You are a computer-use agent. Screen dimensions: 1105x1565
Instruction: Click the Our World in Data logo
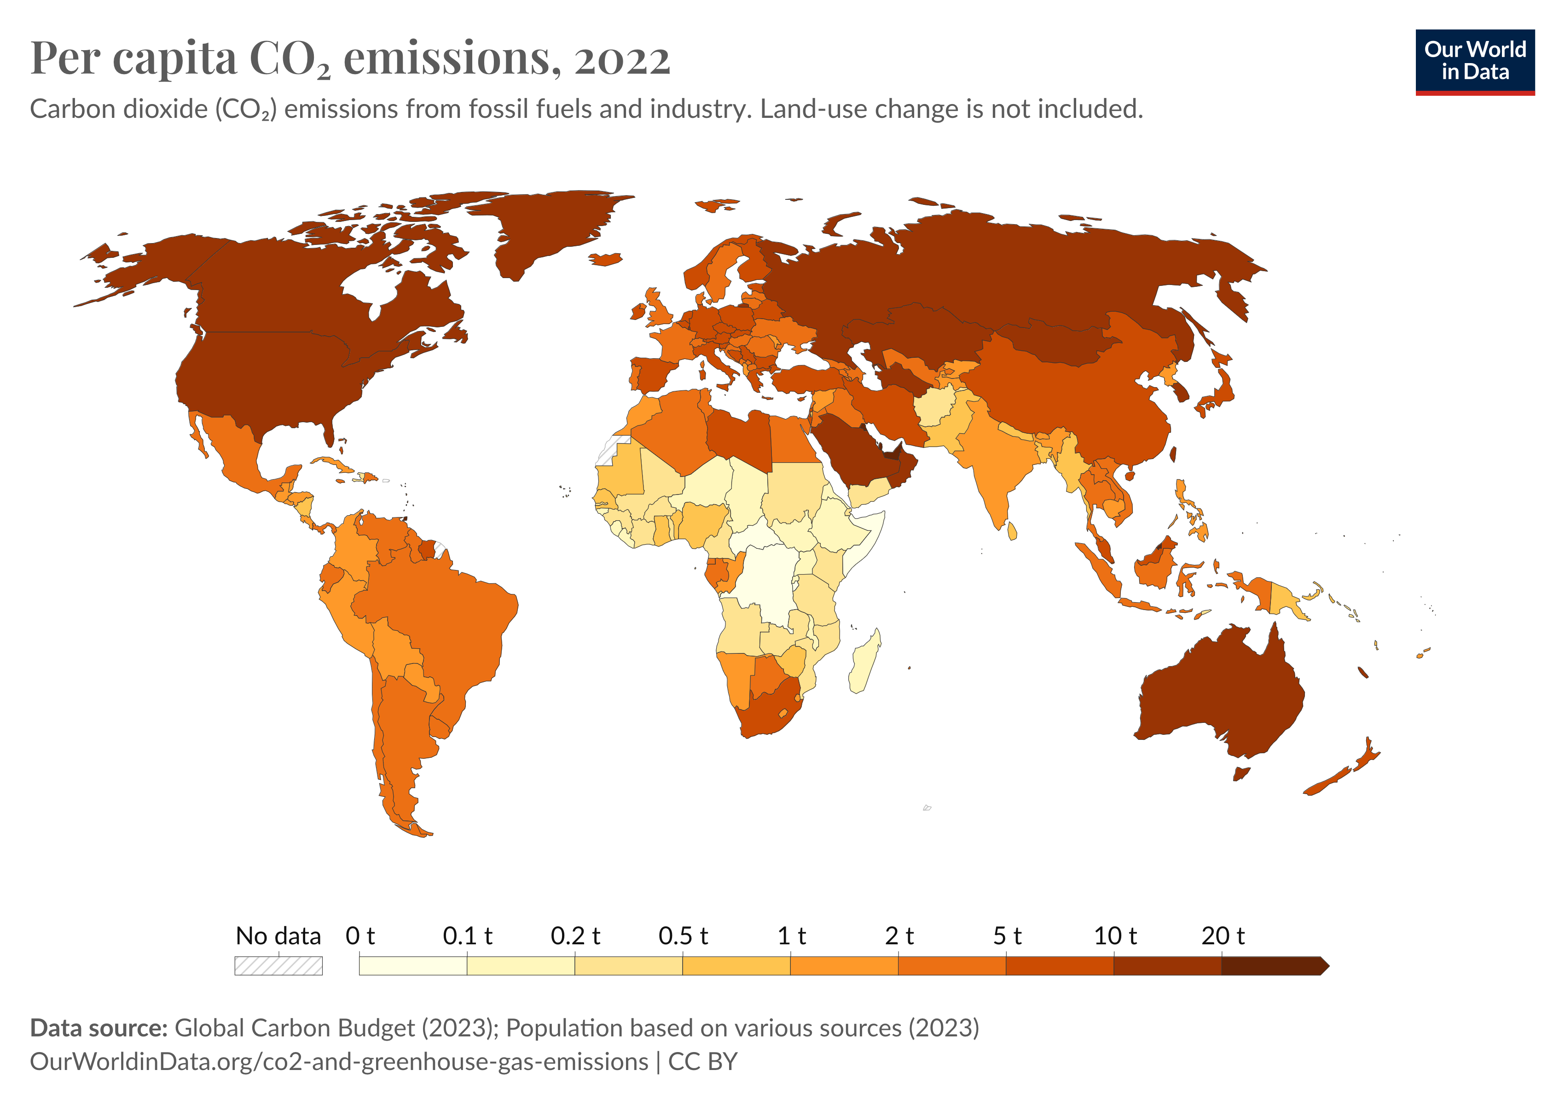click(x=1474, y=61)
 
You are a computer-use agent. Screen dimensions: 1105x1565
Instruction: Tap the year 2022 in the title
click(x=622, y=59)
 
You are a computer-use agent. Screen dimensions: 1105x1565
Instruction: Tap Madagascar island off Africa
click(x=864, y=661)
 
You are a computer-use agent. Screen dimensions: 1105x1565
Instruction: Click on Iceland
click(x=605, y=259)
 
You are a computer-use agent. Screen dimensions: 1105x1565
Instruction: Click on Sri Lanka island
click(x=1012, y=530)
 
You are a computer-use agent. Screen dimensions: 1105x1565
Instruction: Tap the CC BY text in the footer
click(x=703, y=1061)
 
